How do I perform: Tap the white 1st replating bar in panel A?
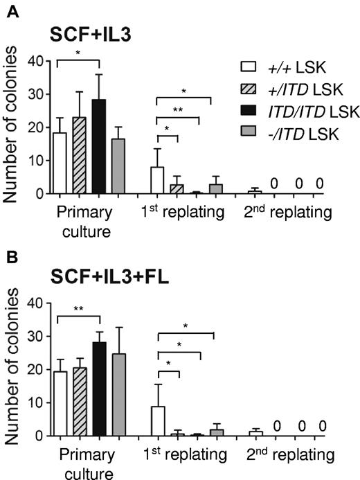coord(158,181)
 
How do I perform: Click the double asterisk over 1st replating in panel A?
coord(179,108)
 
